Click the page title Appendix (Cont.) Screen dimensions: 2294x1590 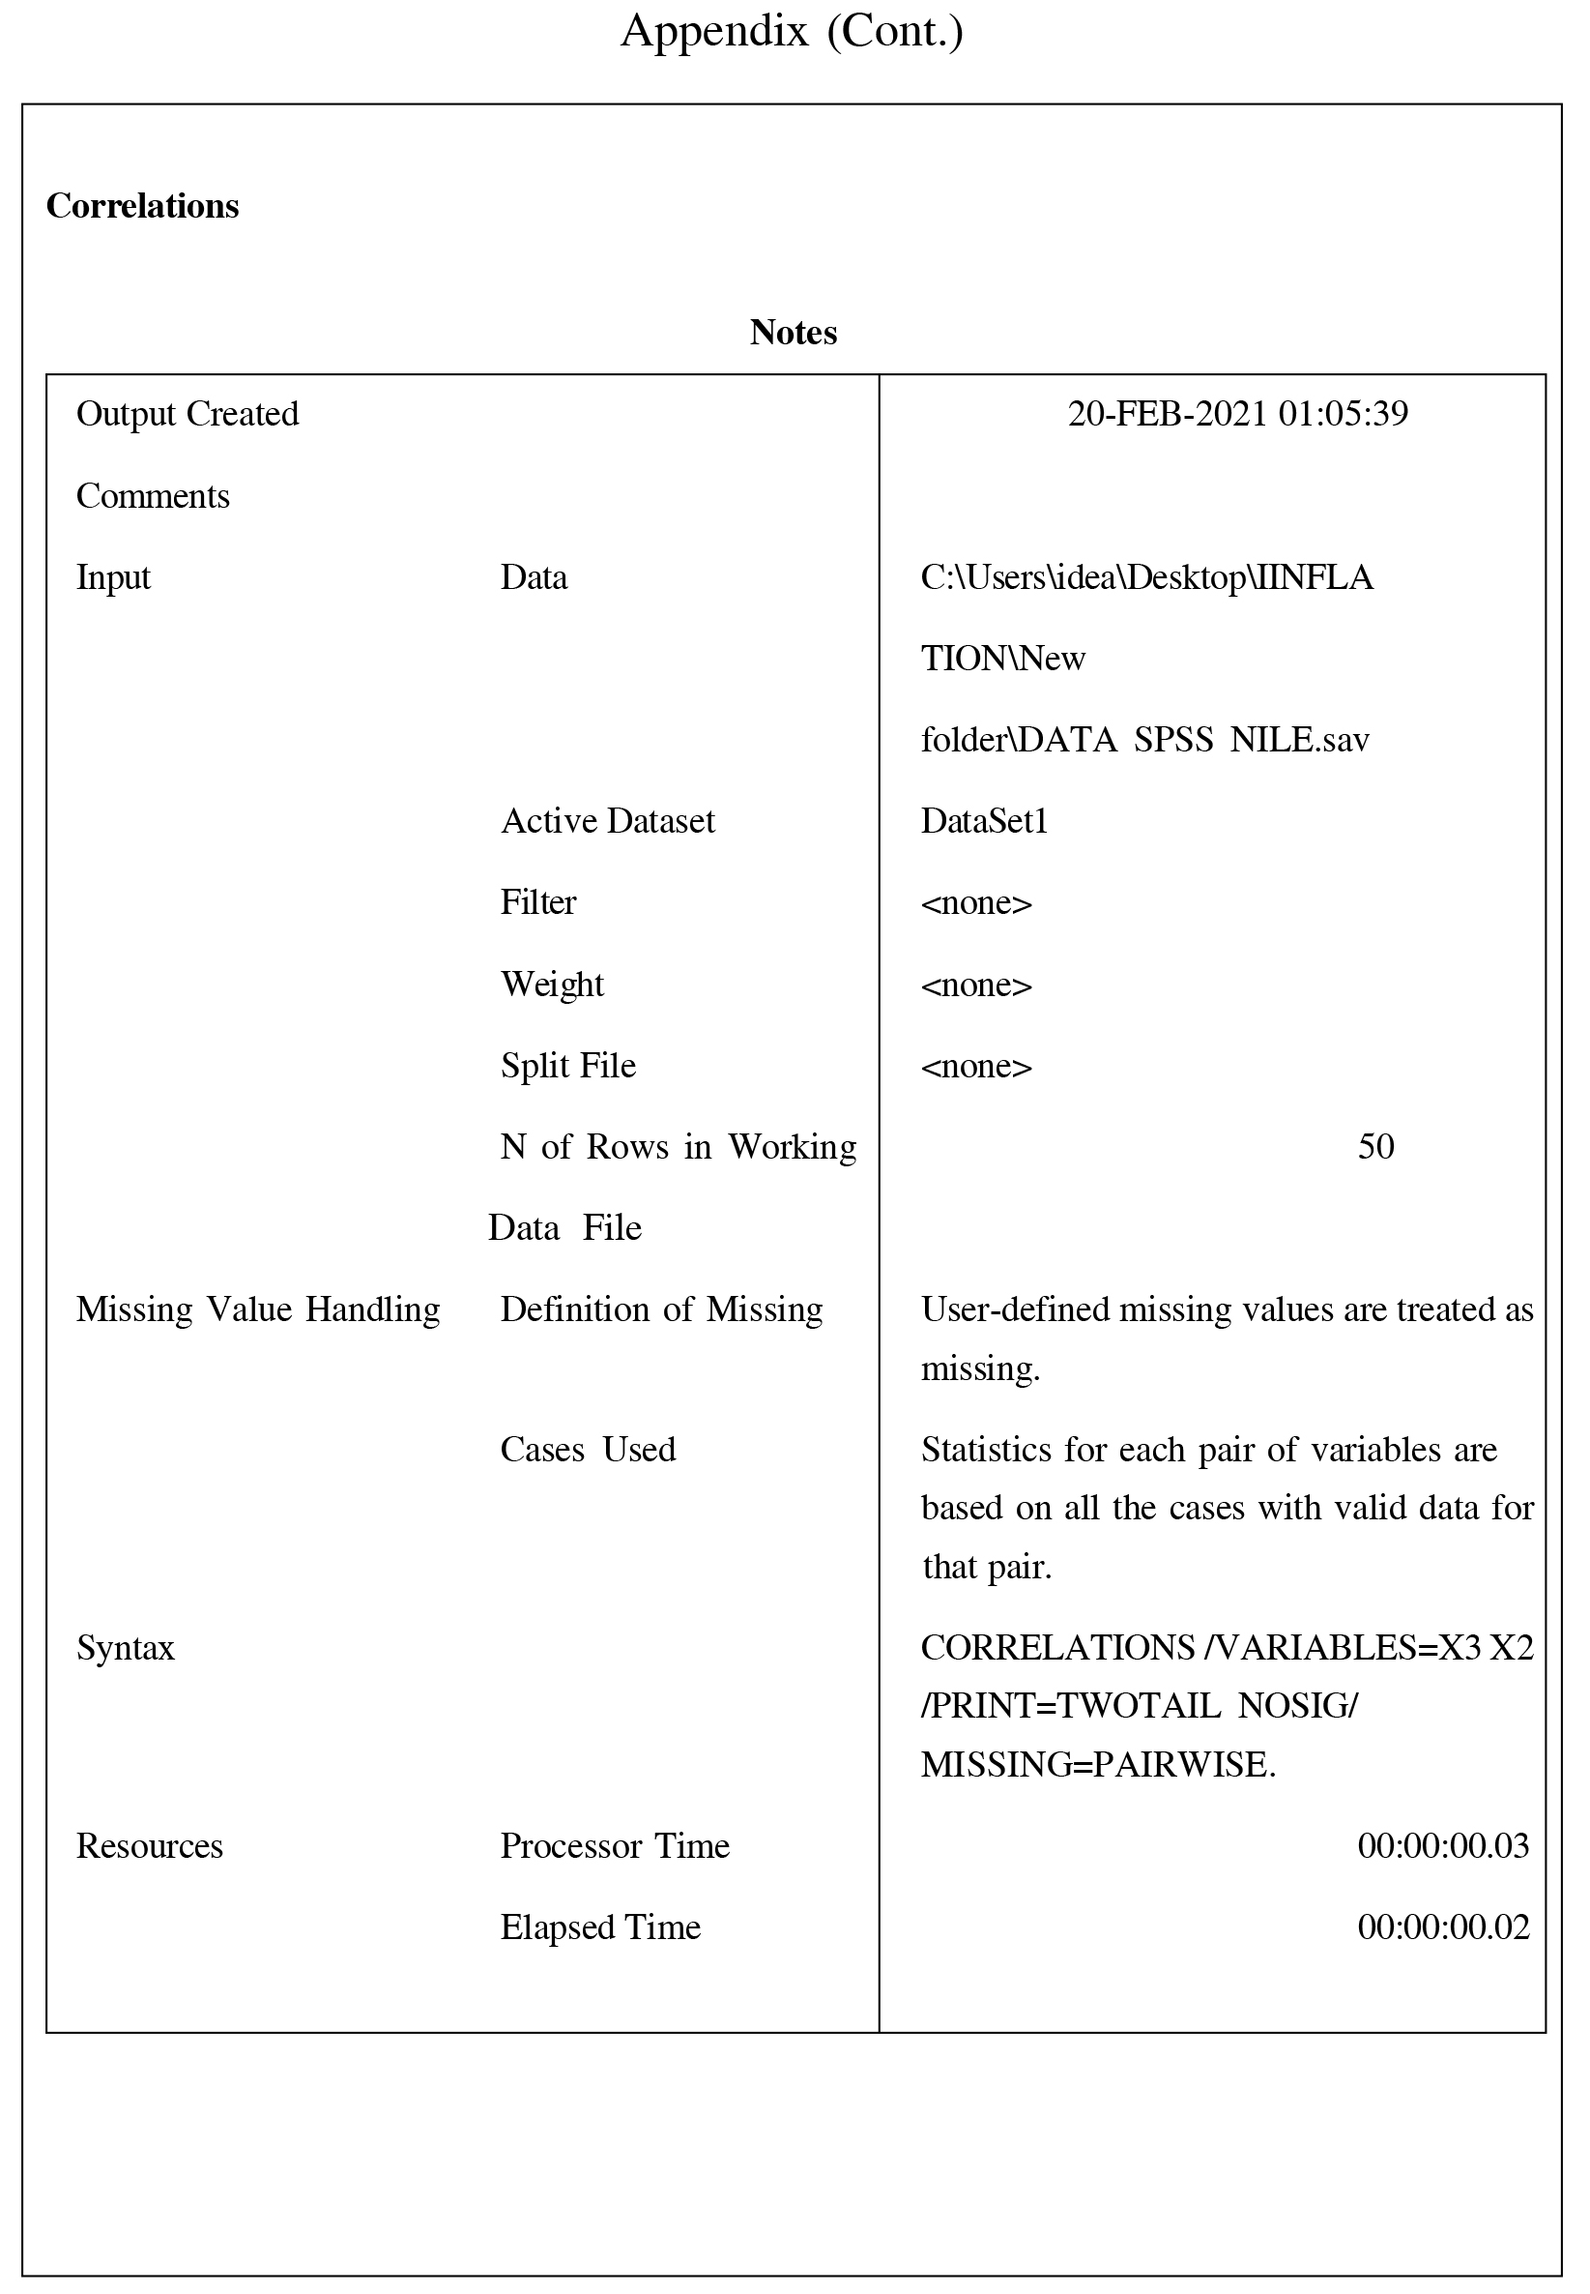point(792,32)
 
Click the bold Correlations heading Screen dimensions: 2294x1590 point(142,206)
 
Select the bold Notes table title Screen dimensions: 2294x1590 point(793,333)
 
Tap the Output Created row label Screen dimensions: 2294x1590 point(188,414)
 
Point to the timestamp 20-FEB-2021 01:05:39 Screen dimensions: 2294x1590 point(1237,414)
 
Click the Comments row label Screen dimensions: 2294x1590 point(153,496)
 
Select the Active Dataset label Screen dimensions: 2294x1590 point(608,821)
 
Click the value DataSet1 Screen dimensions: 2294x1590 point(984,821)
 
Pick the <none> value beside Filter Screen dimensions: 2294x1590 point(976,903)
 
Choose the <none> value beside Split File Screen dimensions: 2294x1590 point(976,1067)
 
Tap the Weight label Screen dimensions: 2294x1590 point(552,985)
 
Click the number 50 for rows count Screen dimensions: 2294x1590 point(1375,1147)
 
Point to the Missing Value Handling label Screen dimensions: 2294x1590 point(258,1309)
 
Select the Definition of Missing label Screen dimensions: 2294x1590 point(661,1309)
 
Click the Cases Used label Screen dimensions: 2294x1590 point(588,1449)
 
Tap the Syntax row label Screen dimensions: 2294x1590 point(126,1648)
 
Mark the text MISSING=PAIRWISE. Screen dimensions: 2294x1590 point(1098,1765)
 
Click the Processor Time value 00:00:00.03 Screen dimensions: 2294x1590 point(1442,1845)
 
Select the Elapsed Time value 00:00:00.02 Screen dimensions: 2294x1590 point(1442,1927)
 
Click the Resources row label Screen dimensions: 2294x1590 point(150,1845)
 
